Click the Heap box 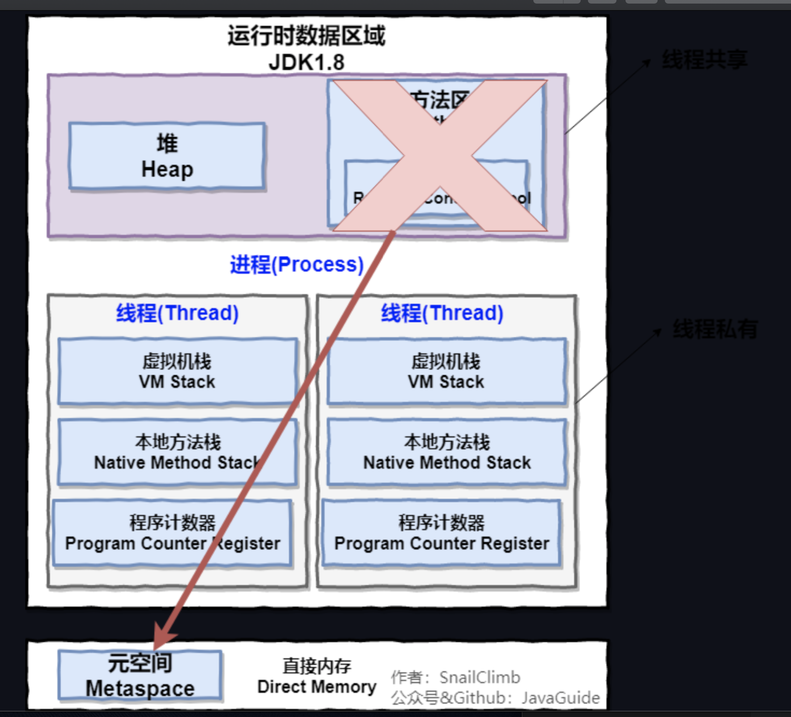[x=167, y=156]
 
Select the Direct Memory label [x=317, y=676]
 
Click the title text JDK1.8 [x=306, y=62]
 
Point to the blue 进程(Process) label [x=297, y=265]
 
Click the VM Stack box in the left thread [x=177, y=371]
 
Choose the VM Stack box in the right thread [x=446, y=371]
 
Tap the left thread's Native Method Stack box [x=177, y=452]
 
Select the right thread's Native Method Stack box [x=447, y=452]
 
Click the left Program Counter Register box [x=172, y=533]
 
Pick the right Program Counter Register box [x=442, y=533]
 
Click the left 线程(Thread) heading [x=177, y=313]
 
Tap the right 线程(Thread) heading [x=442, y=313]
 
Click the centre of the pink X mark [x=440, y=156]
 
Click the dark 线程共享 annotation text [x=705, y=60]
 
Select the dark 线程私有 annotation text [x=715, y=329]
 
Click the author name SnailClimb [x=480, y=678]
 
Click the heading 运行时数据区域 [x=306, y=36]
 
